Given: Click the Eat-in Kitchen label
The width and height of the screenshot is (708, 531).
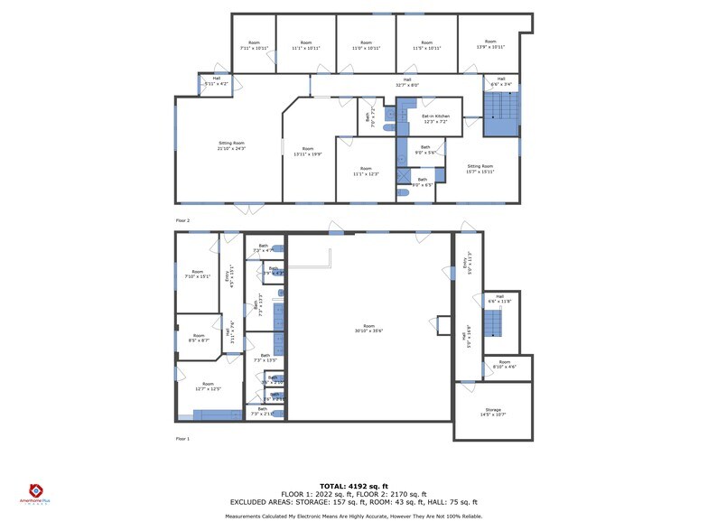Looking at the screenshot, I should [435, 118].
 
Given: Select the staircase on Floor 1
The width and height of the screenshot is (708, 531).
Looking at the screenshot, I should [493, 322].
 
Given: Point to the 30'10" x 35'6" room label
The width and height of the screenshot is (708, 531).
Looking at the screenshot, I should [368, 330].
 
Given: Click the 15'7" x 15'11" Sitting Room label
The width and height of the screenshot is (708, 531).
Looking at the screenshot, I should [480, 169].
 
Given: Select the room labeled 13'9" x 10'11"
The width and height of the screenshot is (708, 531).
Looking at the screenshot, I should [490, 43].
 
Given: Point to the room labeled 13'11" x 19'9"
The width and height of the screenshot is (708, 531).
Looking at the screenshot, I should [308, 151].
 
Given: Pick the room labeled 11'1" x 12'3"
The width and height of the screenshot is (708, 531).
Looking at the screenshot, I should [365, 171].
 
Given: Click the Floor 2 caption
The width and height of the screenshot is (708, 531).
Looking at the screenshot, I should [182, 219].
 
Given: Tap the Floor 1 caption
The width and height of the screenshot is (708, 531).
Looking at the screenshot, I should [182, 439].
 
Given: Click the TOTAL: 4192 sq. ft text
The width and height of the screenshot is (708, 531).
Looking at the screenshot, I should [353, 486].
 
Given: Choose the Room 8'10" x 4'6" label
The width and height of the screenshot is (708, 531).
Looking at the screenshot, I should [504, 365].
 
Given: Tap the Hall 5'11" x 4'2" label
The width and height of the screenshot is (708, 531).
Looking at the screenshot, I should [217, 81].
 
